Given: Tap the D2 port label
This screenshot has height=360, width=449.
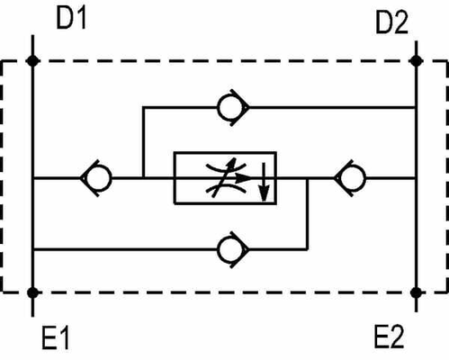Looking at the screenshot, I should point(391,24).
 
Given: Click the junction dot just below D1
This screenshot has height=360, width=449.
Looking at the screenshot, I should point(32,61).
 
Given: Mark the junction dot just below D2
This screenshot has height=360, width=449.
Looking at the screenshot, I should point(416,61).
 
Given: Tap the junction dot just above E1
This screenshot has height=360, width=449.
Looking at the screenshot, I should point(32,292).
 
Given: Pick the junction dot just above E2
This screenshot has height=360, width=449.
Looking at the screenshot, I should point(416,292).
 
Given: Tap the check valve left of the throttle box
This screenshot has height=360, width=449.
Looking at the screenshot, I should point(97,177).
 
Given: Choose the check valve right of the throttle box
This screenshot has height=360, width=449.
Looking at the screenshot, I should point(349,177).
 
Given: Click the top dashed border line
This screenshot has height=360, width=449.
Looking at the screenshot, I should point(225,61).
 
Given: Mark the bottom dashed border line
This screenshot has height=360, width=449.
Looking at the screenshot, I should point(225,292).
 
